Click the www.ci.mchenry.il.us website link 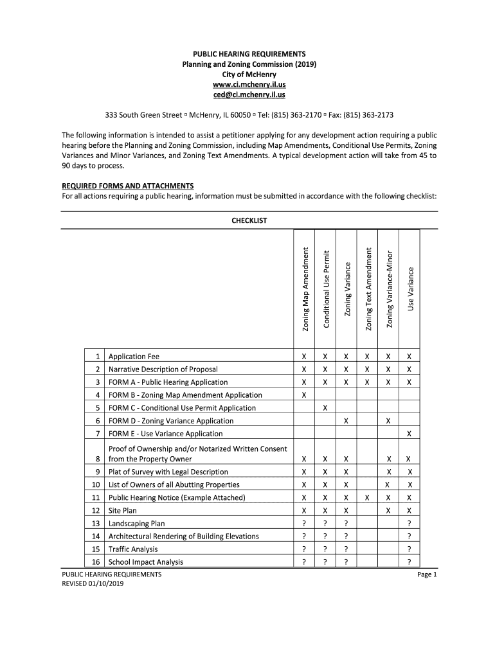coord(248,85)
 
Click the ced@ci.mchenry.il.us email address coord(248,95)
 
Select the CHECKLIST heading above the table coord(249,220)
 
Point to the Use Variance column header coord(410,289)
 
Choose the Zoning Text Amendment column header coord(368,290)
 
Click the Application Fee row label coord(134,357)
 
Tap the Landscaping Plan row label coord(136,524)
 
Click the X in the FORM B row coord(304,395)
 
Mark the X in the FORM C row coord(325,408)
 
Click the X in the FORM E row coord(410,434)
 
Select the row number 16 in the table coord(96,562)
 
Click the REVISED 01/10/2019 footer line coord(93,583)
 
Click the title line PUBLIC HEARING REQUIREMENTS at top coord(248,54)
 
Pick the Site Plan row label coord(123,511)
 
